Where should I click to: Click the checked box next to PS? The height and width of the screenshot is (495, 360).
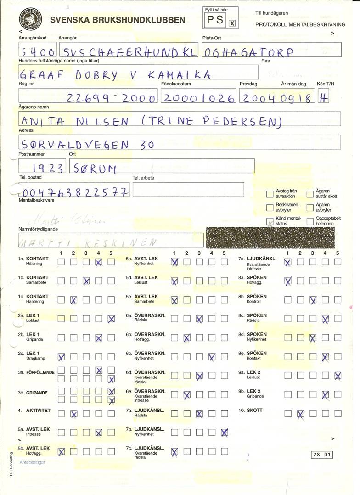pos(232,23)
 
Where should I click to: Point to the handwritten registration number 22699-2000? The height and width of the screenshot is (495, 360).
pos(112,98)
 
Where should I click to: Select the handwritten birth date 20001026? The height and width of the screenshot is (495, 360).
pos(199,98)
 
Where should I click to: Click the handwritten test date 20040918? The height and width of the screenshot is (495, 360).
pos(277,98)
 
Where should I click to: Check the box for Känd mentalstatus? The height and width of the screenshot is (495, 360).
pos(270,221)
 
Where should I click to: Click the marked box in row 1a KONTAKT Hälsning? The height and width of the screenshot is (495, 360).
pos(98,262)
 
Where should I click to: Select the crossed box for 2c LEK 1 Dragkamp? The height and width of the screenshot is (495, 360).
pos(61,356)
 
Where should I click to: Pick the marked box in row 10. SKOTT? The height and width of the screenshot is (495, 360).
pos(300,414)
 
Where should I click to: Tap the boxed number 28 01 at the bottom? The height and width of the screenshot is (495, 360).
pos(321,455)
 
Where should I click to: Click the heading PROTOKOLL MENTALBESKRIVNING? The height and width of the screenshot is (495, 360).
pos(300,24)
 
